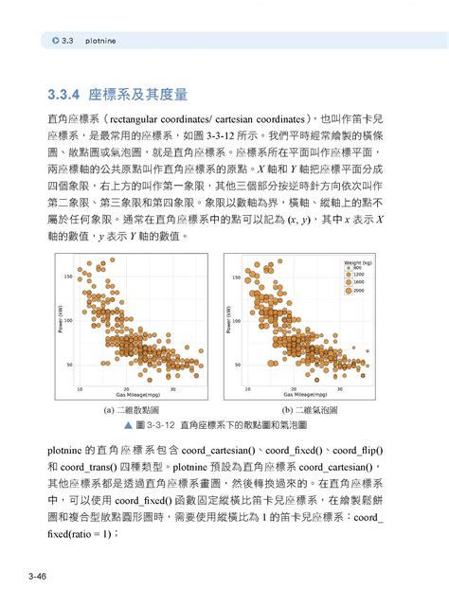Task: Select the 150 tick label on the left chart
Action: tap(67, 276)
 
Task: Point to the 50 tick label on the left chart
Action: tap(69, 364)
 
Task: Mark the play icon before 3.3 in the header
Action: tap(56, 43)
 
